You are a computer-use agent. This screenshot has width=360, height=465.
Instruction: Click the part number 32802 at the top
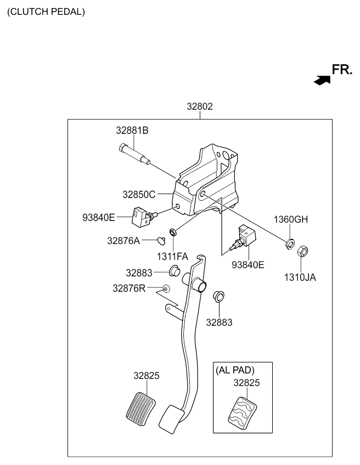[199, 107]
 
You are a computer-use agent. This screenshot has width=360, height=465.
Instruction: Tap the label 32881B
[132, 131]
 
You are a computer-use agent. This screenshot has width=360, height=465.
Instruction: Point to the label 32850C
[139, 194]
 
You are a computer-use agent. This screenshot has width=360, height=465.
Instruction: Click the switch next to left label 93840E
[142, 216]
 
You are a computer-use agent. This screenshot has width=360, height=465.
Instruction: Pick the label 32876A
[123, 240]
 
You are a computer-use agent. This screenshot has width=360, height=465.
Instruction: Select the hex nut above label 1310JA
[302, 252]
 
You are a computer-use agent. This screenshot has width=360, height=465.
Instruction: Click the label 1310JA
[300, 277]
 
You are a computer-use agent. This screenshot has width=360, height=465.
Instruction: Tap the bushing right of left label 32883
[176, 270]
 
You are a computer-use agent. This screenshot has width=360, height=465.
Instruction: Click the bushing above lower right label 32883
[218, 297]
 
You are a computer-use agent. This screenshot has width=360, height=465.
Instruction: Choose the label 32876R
[129, 288]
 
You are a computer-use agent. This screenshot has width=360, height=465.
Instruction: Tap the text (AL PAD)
[235, 370]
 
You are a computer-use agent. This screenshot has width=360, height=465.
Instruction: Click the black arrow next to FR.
[322, 80]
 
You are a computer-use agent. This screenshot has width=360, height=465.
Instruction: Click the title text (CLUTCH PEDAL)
[46, 12]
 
